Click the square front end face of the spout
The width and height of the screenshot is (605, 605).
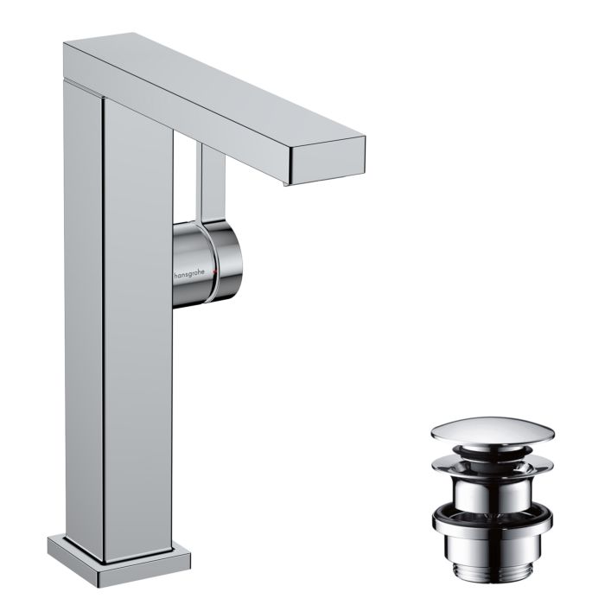tap(328, 162)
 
